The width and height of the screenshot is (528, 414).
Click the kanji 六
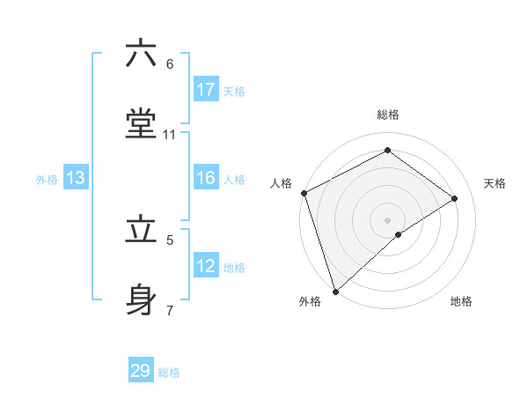tap(142, 54)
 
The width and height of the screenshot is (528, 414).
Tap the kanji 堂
tap(142, 125)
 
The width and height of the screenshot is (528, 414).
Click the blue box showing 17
tap(206, 90)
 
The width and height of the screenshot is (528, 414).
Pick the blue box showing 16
tap(206, 179)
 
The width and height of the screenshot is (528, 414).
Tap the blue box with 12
tap(206, 267)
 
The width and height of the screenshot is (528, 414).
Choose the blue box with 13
tap(76, 179)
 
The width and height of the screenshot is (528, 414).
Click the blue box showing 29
tap(141, 371)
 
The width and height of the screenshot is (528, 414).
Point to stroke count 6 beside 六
tap(170, 64)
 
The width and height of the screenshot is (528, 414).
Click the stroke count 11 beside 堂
tap(170, 135)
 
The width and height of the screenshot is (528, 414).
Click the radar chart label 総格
tap(388, 115)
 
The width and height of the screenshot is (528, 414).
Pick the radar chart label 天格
tap(495, 183)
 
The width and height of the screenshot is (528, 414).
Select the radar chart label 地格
tap(461, 301)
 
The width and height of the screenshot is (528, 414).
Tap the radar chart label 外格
tap(310, 301)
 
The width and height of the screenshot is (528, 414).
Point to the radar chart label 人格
tap(281, 183)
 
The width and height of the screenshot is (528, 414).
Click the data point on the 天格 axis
tap(455, 198)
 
